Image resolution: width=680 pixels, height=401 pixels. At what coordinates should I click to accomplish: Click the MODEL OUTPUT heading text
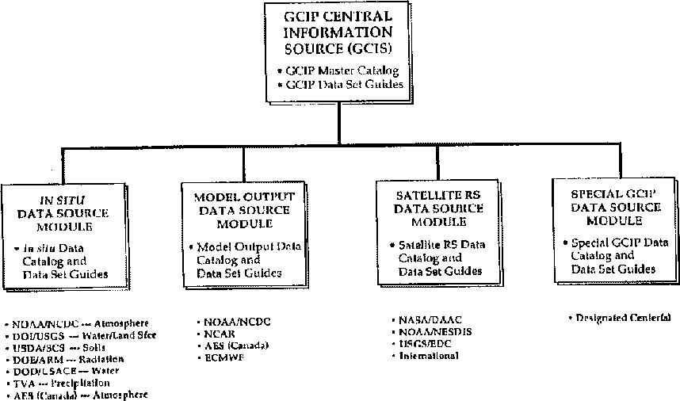pyautogui.click(x=243, y=197)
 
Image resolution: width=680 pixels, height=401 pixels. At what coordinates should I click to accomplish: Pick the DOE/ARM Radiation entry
pyautogui.click(x=64, y=360)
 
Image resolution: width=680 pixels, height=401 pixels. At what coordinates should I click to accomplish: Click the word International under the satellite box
pyautogui.click(x=429, y=356)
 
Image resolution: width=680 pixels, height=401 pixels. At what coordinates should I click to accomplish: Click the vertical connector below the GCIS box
pyautogui.click(x=340, y=126)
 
